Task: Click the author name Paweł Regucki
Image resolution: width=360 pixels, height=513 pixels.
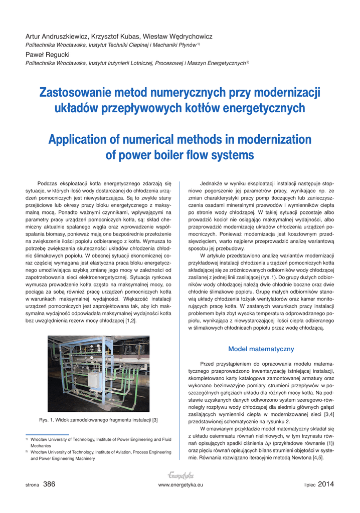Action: tap(49, 54)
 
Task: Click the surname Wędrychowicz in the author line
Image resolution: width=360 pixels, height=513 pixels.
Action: tap(186, 37)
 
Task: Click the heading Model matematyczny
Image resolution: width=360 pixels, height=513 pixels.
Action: tap(261, 349)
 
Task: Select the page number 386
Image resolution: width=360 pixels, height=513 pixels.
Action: tap(49, 484)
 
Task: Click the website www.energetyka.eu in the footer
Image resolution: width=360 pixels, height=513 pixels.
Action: tap(180, 485)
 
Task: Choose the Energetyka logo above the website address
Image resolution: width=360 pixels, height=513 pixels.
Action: tap(180, 475)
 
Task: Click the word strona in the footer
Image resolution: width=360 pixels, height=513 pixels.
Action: tap(33, 485)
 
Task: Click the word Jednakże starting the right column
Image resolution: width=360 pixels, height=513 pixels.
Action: tap(211, 183)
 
